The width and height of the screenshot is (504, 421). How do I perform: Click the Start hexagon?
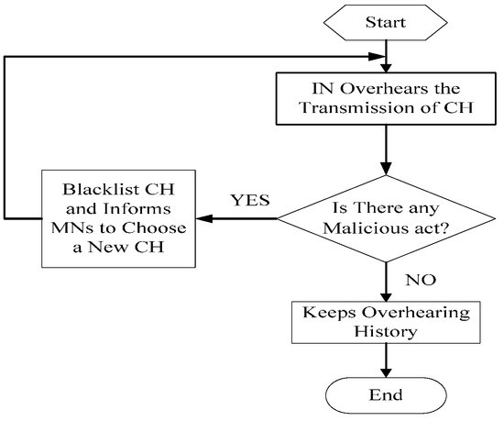pos(386,23)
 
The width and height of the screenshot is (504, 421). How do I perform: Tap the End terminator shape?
pos(386,395)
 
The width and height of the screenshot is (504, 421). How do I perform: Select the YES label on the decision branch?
pos(250,200)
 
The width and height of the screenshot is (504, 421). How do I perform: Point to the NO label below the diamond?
pos(421,280)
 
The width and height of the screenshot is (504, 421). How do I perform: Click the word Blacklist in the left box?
pos(101,189)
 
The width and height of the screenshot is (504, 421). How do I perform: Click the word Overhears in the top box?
pos(384,88)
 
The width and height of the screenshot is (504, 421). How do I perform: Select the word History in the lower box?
pos(386,331)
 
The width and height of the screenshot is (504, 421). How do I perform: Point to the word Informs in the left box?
pos(137,208)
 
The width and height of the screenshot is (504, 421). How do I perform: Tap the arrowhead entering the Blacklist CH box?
pos(204,218)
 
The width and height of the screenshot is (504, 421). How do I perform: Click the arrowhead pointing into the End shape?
pos(386,371)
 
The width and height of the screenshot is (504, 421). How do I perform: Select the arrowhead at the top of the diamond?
pos(386,169)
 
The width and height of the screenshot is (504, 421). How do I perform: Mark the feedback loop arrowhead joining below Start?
pos(376,57)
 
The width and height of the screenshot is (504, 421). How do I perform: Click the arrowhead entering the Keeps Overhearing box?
pos(386,296)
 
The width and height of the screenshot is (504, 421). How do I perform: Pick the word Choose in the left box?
pos(154,227)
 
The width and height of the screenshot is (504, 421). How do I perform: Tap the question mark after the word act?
pos(444,228)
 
